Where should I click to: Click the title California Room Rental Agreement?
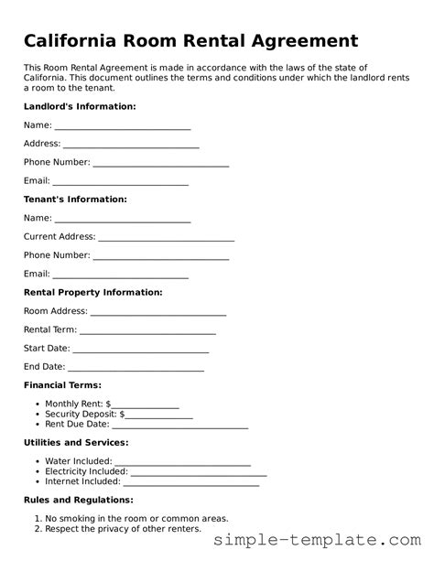[x=190, y=41]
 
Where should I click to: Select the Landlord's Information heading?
[x=80, y=106]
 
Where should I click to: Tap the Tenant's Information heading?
[x=75, y=199]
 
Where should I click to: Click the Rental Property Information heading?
[x=92, y=292]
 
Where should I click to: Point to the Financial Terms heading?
[x=62, y=385]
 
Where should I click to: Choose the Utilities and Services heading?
[x=76, y=442]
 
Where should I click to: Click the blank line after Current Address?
[x=166, y=238]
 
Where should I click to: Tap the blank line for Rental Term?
[x=147, y=331]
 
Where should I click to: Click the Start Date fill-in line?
[x=141, y=350]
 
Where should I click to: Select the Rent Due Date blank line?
[x=180, y=426]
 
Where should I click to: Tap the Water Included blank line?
[x=182, y=463]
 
